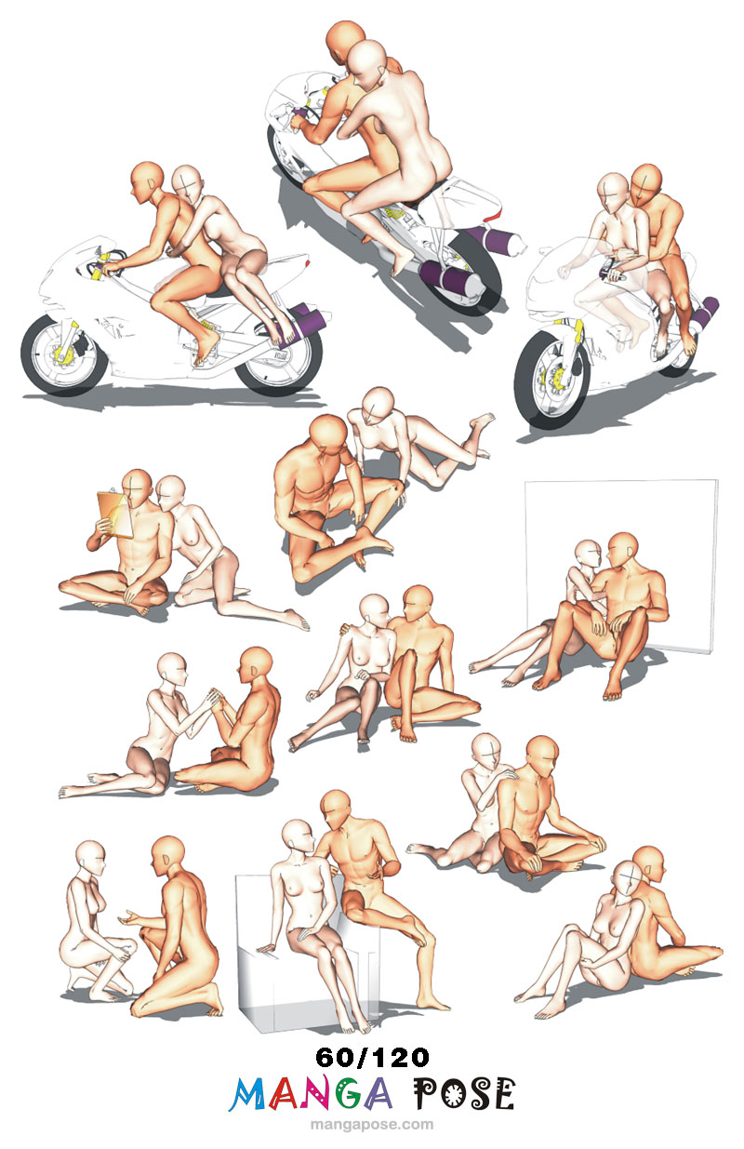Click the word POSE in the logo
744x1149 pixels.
point(463,1093)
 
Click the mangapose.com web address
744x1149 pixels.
point(372,1125)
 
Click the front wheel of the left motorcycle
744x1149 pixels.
point(64,355)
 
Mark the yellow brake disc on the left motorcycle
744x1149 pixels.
point(63,354)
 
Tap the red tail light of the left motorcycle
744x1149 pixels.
point(307,262)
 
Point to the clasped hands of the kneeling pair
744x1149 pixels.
point(215,699)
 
